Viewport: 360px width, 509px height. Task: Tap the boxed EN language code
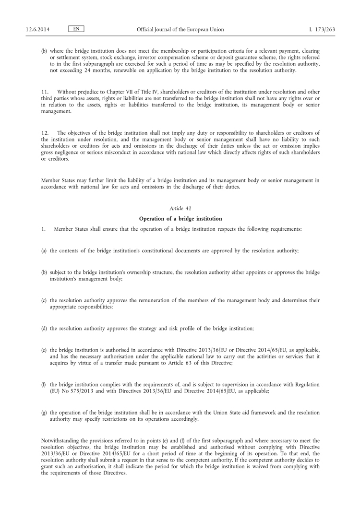coord(76,29)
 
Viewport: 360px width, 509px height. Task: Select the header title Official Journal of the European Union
coord(180,29)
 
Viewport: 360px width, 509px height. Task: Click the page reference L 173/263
coord(322,29)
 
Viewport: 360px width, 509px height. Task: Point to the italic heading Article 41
coord(180,209)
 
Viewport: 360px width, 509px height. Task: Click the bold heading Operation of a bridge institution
coord(180,219)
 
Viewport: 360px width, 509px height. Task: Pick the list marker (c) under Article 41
coord(44,300)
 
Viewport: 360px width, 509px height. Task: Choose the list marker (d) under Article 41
coord(44,328)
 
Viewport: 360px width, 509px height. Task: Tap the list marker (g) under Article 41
coord(44,412)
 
